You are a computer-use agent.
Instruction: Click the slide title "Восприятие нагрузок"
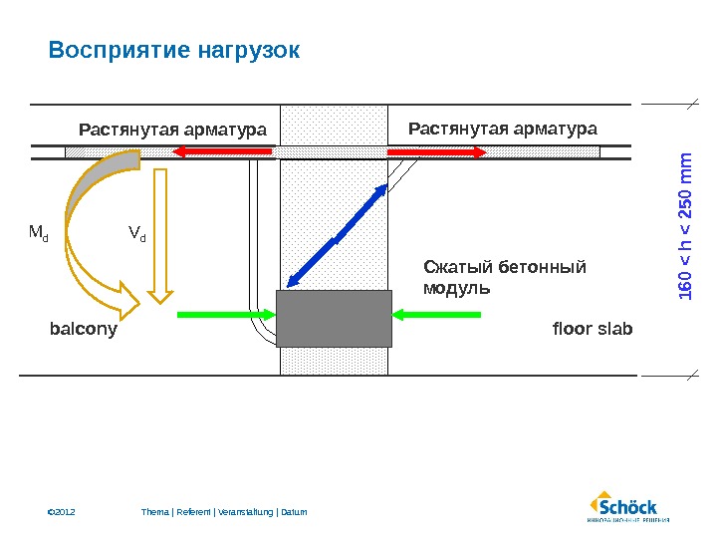pos(173,50)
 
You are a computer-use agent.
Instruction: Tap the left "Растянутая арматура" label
pos(172,130)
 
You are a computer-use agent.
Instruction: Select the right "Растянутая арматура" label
pos(503,129)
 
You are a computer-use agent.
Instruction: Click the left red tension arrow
pos(223,151)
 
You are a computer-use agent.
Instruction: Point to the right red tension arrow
pos(436,151)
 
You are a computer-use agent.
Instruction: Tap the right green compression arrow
pos(437,315)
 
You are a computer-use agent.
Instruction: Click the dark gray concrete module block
pos(334,318)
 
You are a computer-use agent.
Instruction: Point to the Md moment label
pos(39,234)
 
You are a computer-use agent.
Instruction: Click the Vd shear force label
pos(136,234)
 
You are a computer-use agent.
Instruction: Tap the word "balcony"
pos(84,329)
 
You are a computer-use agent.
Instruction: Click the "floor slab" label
pos(593,329)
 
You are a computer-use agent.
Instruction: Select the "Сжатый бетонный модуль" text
pos(505,277)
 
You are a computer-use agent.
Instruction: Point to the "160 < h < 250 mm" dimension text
pos(685,225)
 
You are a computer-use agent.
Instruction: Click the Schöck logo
pos(626,506)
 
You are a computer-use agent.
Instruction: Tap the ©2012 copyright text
pos(62,512)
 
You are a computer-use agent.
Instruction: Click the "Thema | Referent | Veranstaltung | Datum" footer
pos(224,512)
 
